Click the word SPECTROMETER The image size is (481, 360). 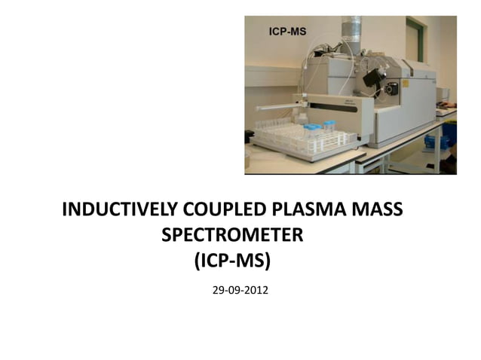point(233,235)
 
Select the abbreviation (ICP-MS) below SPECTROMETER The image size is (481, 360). point(231,261)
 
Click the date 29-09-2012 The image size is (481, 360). point(240,289)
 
